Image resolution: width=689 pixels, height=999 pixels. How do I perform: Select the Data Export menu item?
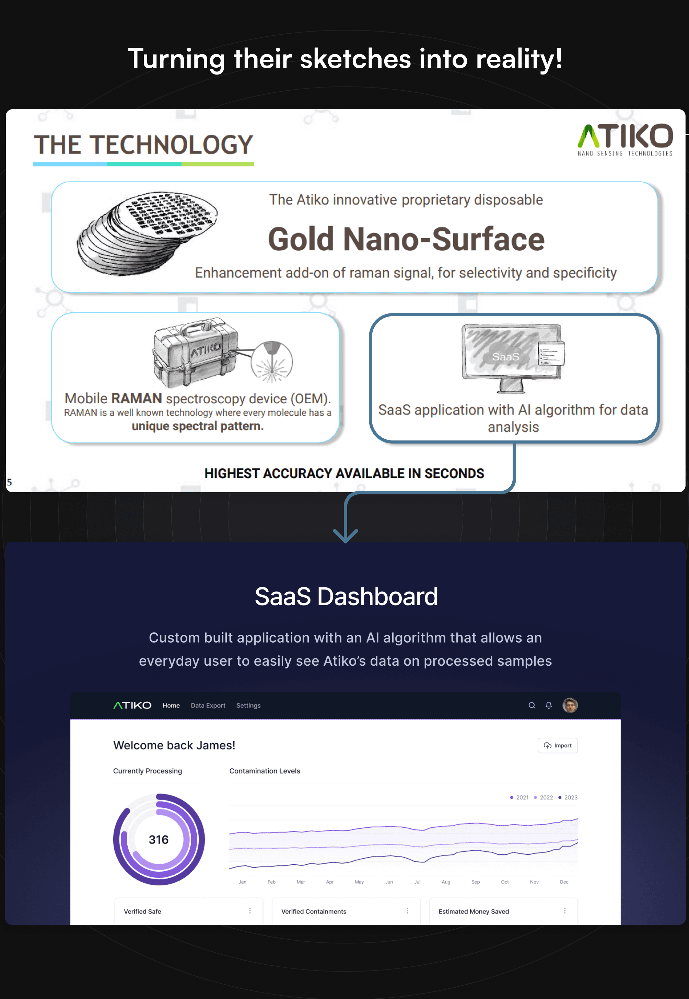point(208,705)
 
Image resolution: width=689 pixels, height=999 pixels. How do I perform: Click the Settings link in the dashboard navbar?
point(248,705)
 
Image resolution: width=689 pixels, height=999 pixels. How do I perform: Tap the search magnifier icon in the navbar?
point(532,705)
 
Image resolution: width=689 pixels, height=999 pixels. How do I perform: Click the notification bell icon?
point(549,705)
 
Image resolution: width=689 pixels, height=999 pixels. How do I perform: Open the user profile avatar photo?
point(570,705)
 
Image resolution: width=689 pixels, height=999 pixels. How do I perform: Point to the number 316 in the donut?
point(159,840)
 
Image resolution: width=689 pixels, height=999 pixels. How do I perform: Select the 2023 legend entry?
point(568,797)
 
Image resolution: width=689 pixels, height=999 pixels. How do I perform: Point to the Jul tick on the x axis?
point(417,882)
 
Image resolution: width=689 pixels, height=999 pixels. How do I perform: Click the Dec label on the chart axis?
point(564,882)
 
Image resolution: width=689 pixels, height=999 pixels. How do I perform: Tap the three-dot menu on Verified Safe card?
point(250,910)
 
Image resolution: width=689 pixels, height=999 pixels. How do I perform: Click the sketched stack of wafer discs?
point(147,233)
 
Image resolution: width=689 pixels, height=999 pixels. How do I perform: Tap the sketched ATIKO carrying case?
point(194,352)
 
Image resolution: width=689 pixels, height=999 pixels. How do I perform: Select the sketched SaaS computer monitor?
point(512,356)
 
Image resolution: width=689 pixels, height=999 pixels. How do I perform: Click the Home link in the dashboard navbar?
point(171,705)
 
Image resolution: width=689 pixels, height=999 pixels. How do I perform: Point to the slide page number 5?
point(9,482)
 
